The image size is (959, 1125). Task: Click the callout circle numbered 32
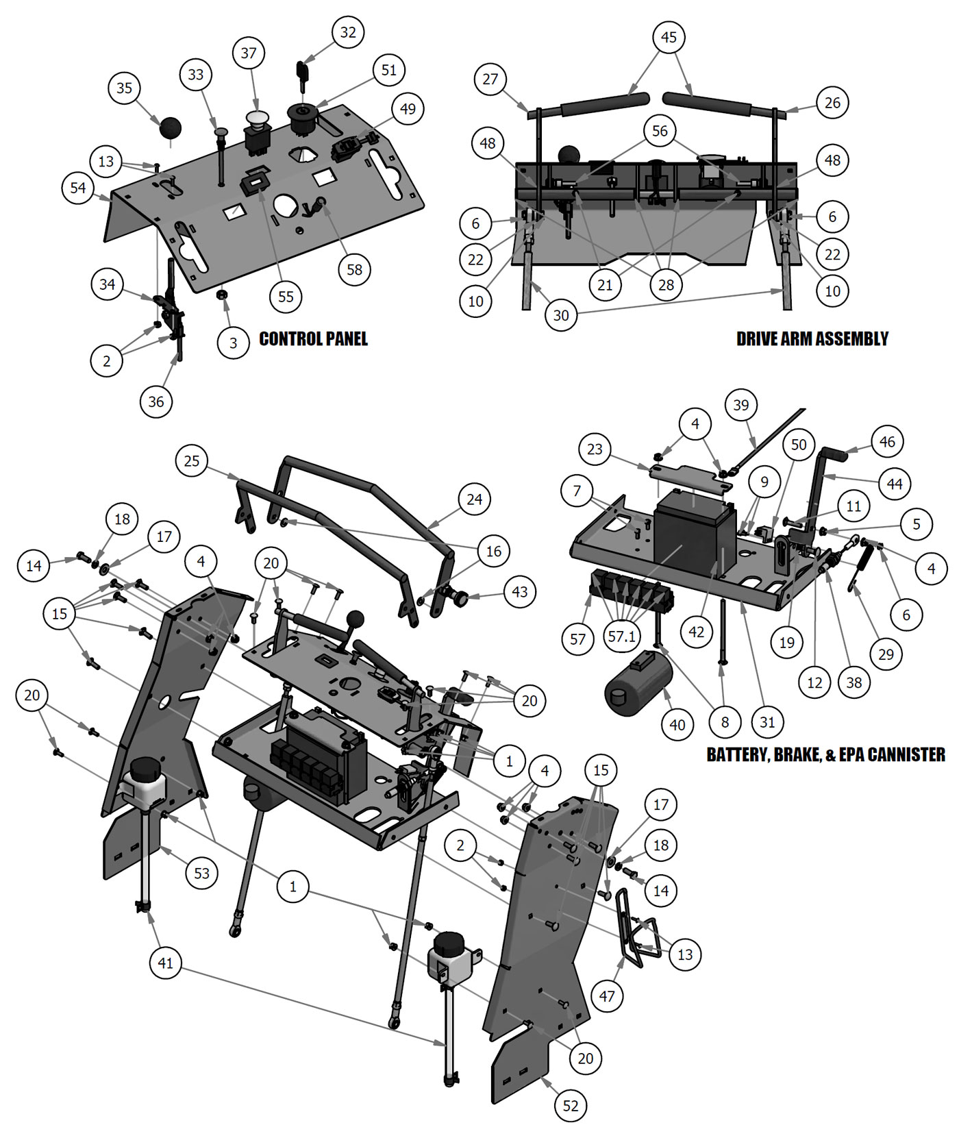[348, 32]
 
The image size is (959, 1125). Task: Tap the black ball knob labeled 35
[171, 127]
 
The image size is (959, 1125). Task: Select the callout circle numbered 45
[669, 37]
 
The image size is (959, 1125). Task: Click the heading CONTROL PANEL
[313, 338]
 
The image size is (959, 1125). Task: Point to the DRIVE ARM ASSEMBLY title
[812, 338]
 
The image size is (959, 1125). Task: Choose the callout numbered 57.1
[622, 636]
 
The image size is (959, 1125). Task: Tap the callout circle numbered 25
[192, 460]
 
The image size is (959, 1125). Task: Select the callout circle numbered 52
[571, 1105]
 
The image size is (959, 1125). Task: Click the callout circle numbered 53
[201, 873]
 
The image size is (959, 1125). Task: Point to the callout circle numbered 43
[520, 591]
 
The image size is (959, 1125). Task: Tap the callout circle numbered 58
[354, 269]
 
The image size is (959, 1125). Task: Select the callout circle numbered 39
[741, 405]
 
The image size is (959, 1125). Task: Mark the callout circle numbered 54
[78, 187]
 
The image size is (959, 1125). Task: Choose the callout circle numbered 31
[767, 721]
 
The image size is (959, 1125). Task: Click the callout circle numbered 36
[156, 401]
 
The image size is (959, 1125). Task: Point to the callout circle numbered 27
[490, 79]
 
